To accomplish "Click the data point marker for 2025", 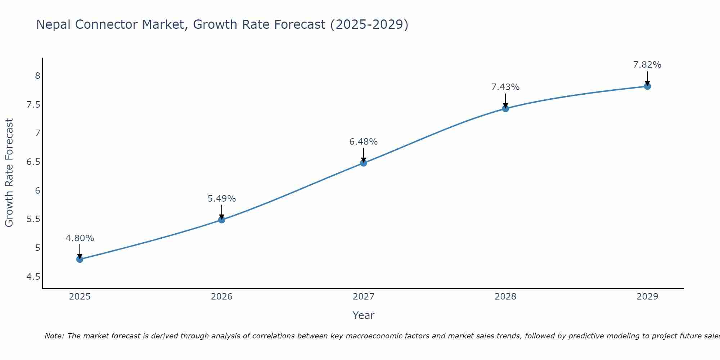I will pos(80,259).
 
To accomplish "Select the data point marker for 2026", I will pos(222,220).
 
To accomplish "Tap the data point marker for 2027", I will pos(364,163).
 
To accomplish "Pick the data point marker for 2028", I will pos(505,108).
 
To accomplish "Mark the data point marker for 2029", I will pos(647,86).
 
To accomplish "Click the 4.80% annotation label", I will pos(80,238).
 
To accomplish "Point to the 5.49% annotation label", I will pos(222,199).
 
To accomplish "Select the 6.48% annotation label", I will pos(364,142).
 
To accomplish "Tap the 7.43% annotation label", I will pos(505,87).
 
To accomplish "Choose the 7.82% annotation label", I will pos(647,65).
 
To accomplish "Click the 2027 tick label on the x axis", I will pos(364,297).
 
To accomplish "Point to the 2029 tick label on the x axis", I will pos(647,297).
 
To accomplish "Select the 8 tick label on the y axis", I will pos(37,76).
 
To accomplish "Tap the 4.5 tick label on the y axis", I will pos(33,277).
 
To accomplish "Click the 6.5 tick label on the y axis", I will pos(33,162).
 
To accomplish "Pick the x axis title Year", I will pos(364,315).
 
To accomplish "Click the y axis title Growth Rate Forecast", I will pos(9,173).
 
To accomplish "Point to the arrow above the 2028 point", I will pos(505,100).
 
